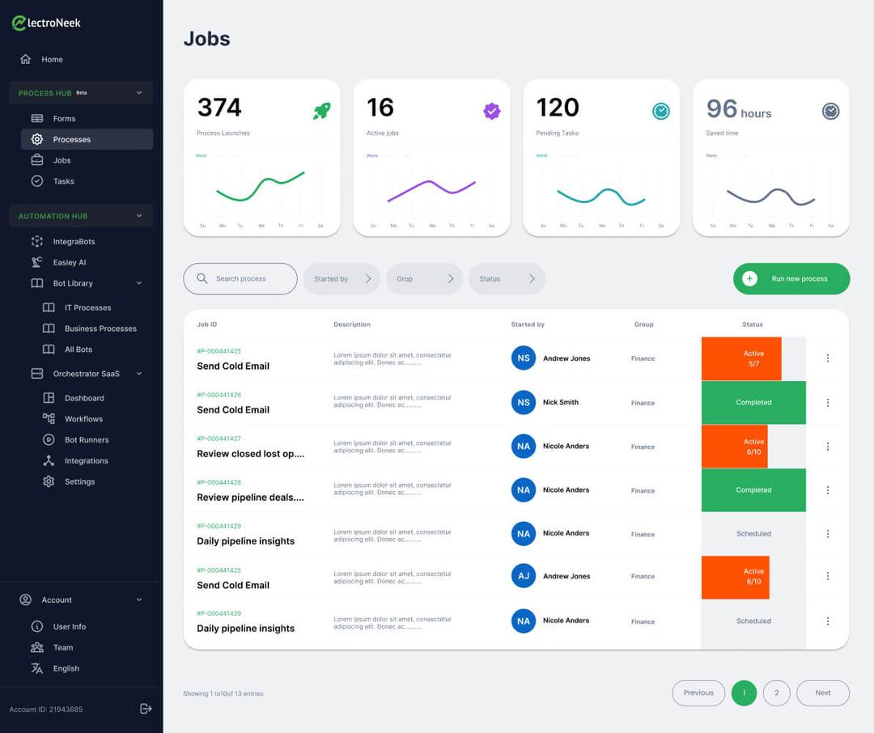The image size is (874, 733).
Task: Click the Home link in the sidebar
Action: (52, 59)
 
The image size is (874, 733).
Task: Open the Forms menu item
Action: (64, 118)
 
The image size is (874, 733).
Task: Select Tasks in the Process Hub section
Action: (63, 181)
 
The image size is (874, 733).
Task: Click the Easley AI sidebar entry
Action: (69, 262)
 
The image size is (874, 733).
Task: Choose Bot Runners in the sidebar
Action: (86, 439)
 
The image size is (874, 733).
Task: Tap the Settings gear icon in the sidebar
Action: (49, 481)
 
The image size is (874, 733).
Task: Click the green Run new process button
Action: (791, 278)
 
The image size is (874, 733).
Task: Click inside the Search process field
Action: (240, 278)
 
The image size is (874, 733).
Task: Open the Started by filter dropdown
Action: (341, 278)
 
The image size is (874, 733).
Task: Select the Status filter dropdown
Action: (506, 278)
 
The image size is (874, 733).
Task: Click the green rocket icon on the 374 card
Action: (322, 111)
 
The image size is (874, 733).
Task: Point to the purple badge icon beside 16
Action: (491, 111)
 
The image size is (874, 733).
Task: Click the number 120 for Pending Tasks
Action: (558, 108)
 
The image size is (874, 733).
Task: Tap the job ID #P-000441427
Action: (218, 439)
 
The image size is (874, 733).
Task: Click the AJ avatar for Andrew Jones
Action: (524, 576)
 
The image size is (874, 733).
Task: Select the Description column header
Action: (351, 324)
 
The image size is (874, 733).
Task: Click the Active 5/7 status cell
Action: (741, 358)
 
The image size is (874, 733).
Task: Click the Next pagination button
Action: (822, 693)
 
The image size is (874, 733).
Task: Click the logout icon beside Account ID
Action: (146, 709)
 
